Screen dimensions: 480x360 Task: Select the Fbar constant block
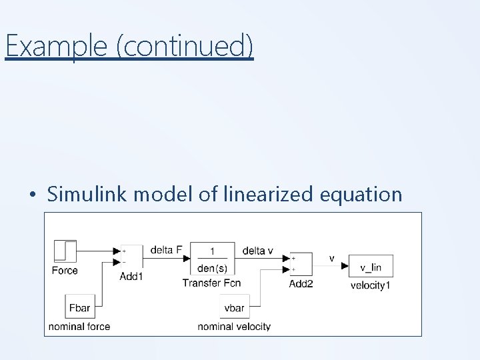pos(79,308)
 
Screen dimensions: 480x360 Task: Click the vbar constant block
pos(234,308)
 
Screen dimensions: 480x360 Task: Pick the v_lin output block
pos(371,266)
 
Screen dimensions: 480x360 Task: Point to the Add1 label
pos(131,276)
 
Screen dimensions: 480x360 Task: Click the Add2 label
pos(301,283)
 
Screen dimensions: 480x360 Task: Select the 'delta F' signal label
pos(166,250)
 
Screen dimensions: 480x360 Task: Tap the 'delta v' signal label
pos(257,251)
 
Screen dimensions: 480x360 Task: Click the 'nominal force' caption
pos(79,327)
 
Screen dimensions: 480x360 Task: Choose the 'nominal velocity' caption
pos(234,327)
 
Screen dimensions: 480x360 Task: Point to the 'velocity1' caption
pos(371,285)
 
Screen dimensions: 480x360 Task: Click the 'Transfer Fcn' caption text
pos(211,283)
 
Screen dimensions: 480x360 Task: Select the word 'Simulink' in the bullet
pos(87,195)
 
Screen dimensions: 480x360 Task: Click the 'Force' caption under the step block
pos(65,270)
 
